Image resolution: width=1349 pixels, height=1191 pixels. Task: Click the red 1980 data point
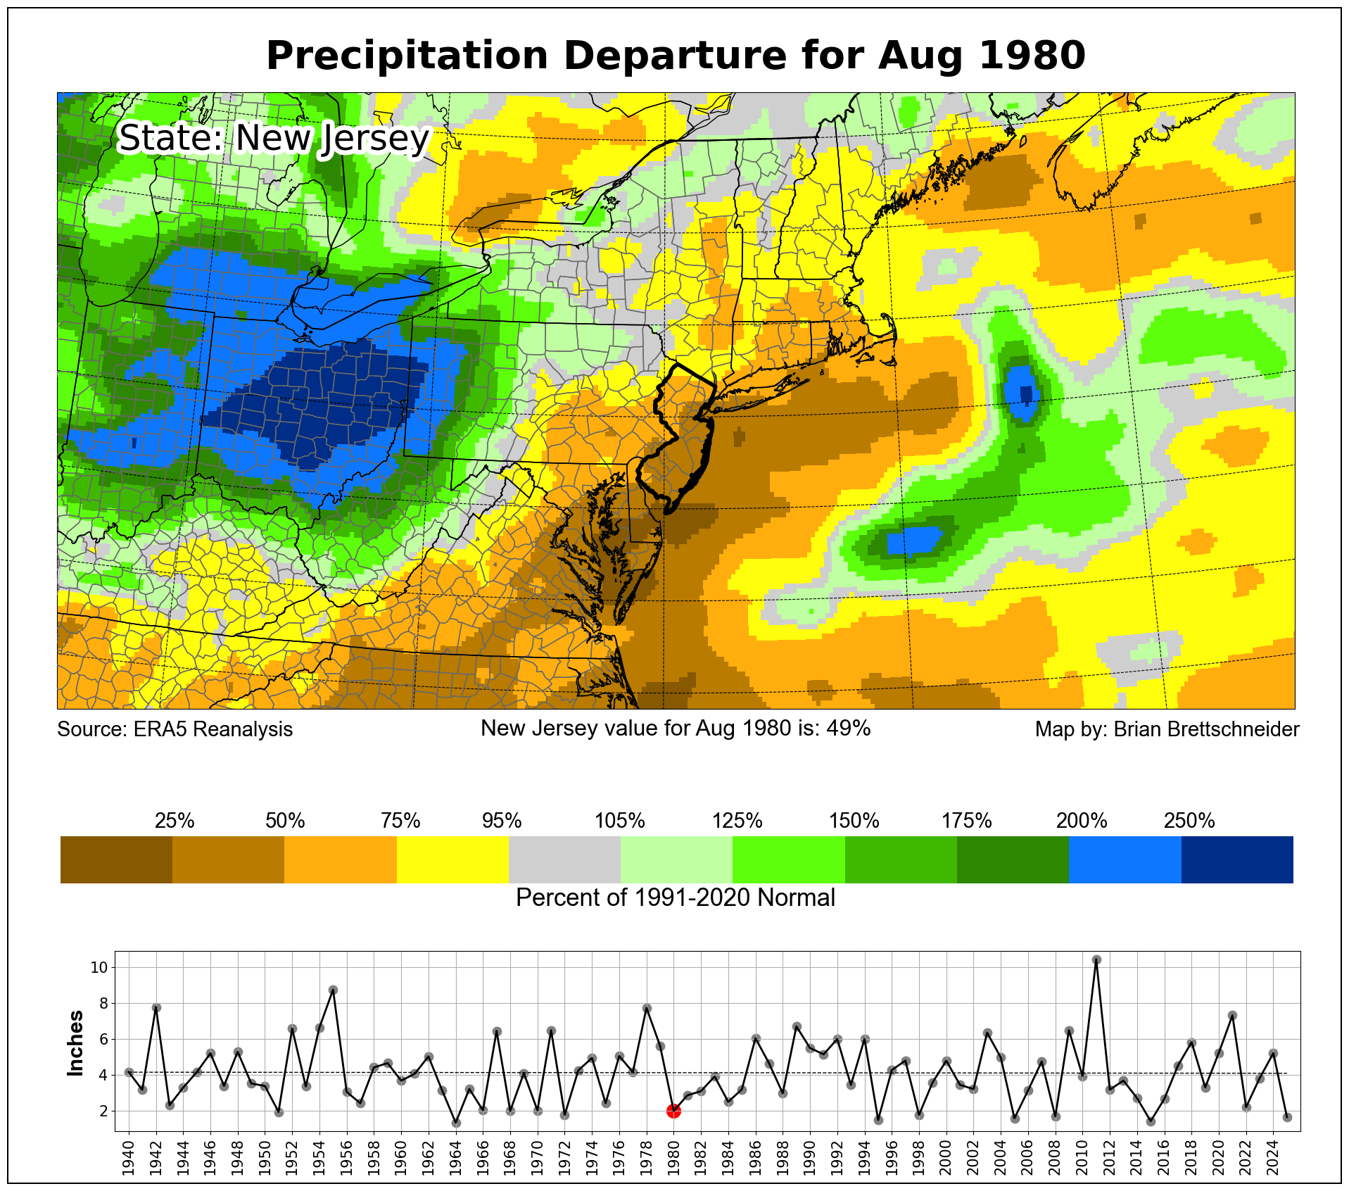[x=673, y=1111]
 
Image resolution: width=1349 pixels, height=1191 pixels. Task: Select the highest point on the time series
[x=1096, y=960]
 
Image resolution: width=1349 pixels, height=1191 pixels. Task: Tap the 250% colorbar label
[x=1189, y=821]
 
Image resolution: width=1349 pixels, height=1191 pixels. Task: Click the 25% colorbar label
[x=175, y=821]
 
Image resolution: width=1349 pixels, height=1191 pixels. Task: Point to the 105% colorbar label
[x=620, y=821]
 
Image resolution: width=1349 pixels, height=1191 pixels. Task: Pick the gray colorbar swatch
[x=564, y=859]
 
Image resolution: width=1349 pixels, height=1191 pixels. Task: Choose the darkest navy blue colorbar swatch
[x=1237, y=859]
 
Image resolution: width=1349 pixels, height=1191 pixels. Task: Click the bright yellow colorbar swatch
[x=452, y=859]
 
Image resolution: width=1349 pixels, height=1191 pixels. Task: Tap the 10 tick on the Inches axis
[x=99, y=968]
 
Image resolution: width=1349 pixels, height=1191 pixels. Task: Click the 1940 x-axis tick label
[x=129, y=1156]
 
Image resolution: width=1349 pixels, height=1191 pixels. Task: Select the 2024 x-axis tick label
[x=1273, y=1156]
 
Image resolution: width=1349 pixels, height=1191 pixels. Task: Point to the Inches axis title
[x=75, y=1043]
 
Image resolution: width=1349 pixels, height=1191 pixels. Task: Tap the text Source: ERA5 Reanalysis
[x=175, y=729]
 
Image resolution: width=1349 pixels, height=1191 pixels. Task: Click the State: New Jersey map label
[x=273, y=138]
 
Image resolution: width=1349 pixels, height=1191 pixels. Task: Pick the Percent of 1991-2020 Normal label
[x=676, y=898]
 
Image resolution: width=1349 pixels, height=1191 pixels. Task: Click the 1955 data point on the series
[x=333, y=990]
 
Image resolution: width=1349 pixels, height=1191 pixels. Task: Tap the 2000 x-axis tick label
[x=946, y=1156]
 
